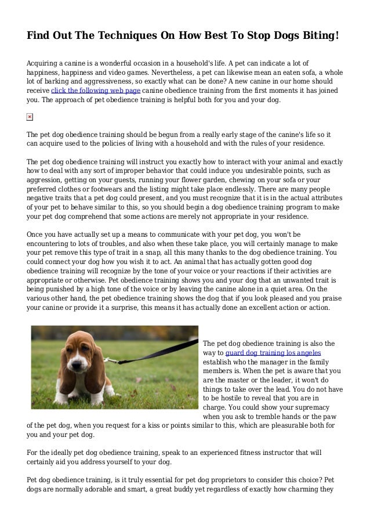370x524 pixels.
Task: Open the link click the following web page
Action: tap(96, 91)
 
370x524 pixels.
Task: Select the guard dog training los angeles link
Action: tap(273, 352)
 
